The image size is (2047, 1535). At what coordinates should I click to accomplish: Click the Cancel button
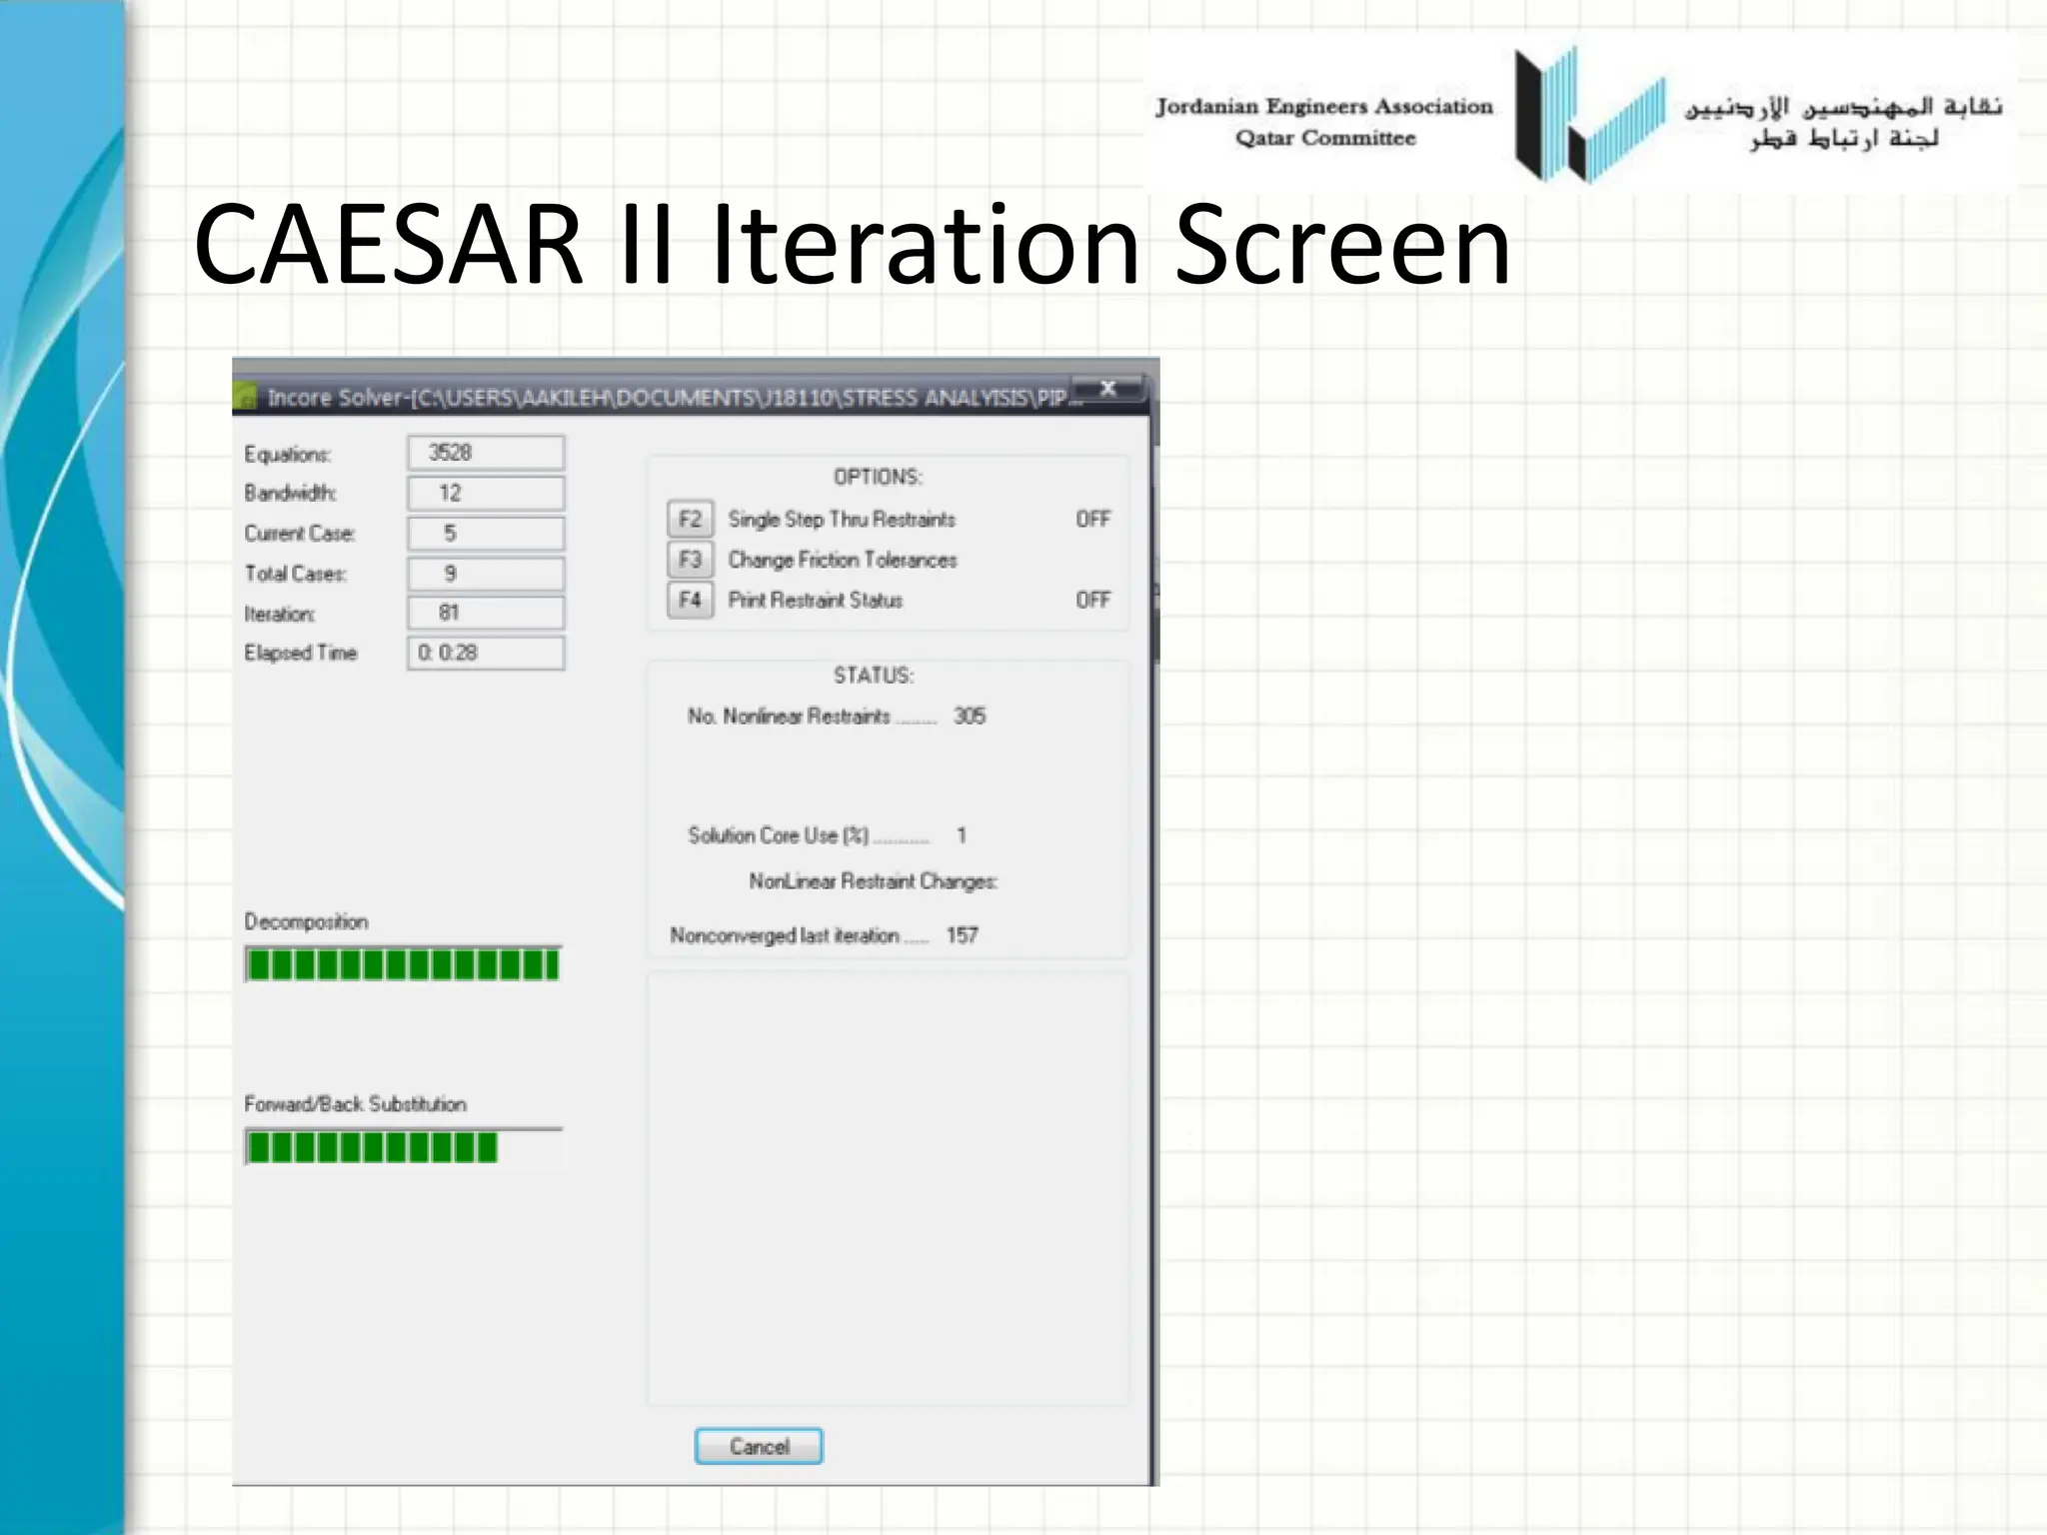click(759, 1446)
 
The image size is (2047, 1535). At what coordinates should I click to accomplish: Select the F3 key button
click(690, 560)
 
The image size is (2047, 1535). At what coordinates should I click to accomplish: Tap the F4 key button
click(690, 600)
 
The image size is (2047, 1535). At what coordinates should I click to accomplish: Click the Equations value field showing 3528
click(486, 453)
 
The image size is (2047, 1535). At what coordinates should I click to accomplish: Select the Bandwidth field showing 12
click(486, 493)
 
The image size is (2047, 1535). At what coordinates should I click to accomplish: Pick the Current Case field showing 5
click(486, 534)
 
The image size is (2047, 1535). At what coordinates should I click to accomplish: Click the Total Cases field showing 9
click(486, 574)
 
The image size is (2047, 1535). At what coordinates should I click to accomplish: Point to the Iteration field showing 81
click(486, 613)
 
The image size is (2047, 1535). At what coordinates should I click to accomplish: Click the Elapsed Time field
click(486, 653)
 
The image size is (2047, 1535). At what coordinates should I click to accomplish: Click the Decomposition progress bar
click(403, 964)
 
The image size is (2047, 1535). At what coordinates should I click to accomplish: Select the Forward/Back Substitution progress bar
click(403, 1147)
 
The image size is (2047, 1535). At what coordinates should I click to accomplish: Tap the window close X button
click(1107, 389)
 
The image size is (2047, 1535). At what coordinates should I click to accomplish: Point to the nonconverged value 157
click(962, 935)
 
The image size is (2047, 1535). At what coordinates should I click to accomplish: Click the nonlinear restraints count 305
click(969, 716)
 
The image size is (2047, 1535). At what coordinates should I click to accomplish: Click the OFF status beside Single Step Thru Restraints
click(1092, 519)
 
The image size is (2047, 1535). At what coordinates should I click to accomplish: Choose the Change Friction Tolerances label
click(842, 560)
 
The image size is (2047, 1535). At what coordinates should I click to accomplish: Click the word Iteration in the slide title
click(925, 245)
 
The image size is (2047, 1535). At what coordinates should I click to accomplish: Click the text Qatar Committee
click(1325, 138)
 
